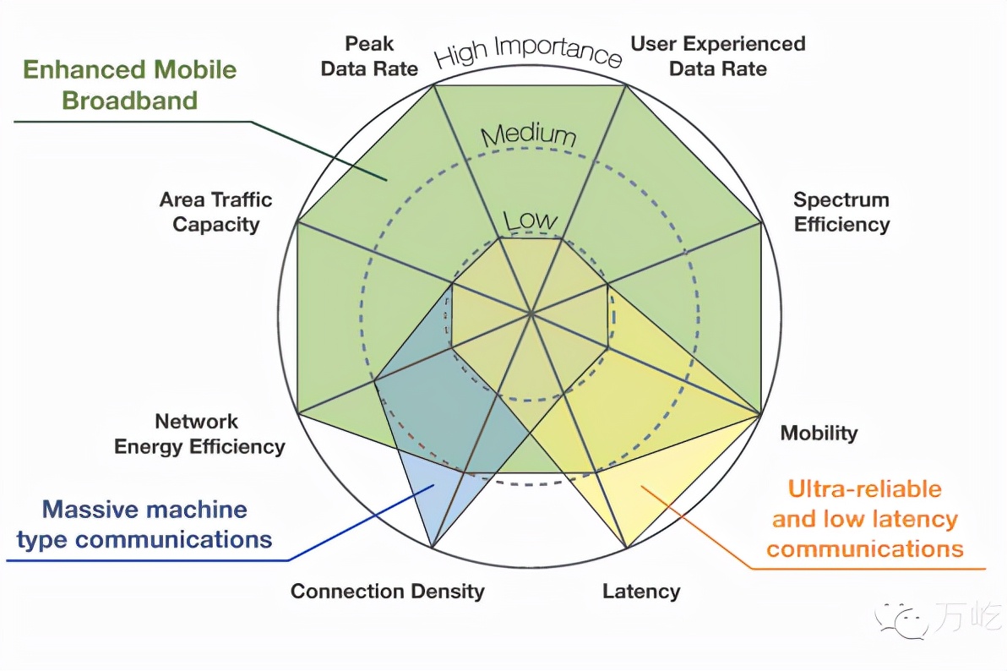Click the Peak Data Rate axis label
point(369,56)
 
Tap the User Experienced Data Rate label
point(718,56)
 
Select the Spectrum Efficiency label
point(841,212)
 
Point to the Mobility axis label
point(819,434)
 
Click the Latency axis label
point(641,592)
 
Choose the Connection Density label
point(388,592)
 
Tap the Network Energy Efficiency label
point(199,434)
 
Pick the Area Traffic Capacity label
point(215,212)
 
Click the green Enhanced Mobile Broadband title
point(129,85)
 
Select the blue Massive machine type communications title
point(144,524)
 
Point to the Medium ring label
point(529,134)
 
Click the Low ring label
point(531,221)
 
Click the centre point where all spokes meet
point(531,313)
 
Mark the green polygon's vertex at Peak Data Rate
point(434,85)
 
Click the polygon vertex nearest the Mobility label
point(760,414)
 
